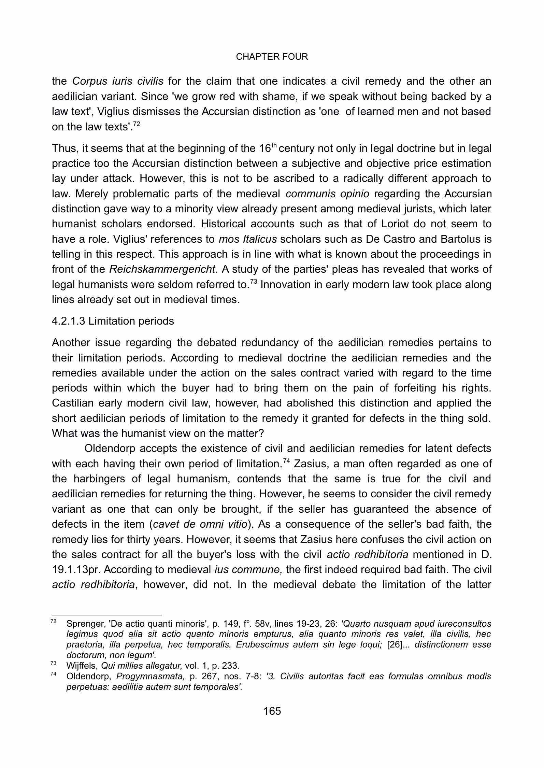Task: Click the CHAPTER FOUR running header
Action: [x=272, y=57]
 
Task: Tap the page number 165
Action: [x=272, y=711]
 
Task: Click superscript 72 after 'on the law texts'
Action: [x=136, y=124]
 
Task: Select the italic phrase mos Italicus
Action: [x=247, y=239]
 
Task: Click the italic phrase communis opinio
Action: [x=327, y=194]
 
